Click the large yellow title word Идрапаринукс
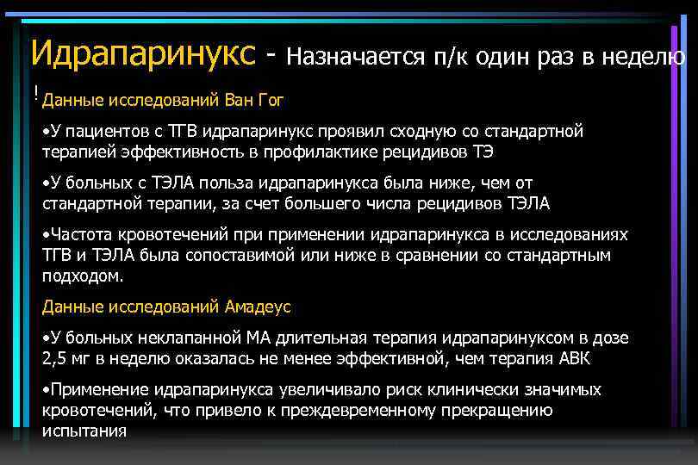(143, 53)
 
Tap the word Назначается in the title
(355, 57)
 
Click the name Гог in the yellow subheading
(270, 100)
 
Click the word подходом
(82, 276)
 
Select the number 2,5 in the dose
(55, 358)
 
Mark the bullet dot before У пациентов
(46, 132)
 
